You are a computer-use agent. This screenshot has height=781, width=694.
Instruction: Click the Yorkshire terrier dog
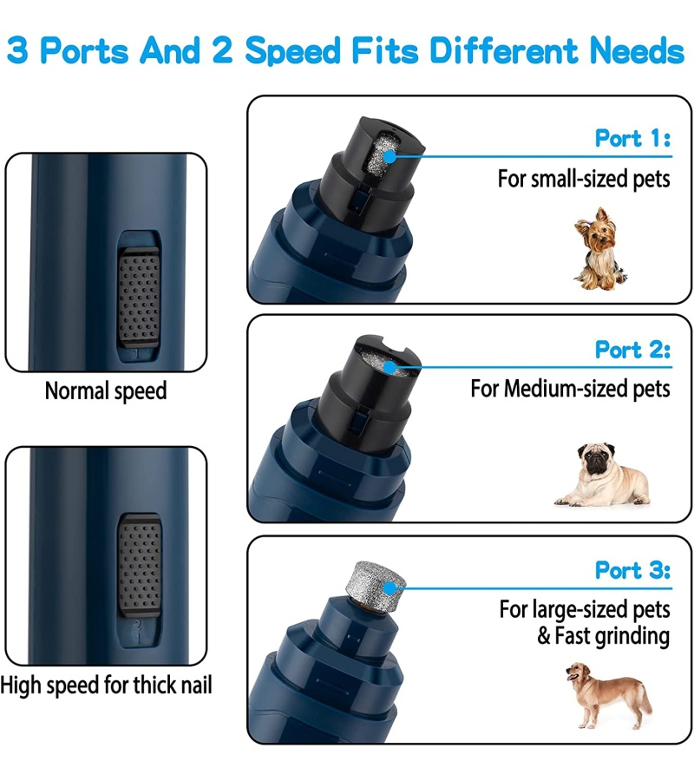coord(599,249)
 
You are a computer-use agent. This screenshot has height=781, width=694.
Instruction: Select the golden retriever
coord(608,695)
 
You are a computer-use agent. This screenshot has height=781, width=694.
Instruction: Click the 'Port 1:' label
coord(632,138)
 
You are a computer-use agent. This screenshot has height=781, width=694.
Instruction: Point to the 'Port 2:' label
coord(632,350)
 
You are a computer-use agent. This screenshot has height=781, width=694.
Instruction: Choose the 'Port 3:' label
coord(632,570)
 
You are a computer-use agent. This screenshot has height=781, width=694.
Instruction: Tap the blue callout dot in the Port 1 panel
coord(390,156)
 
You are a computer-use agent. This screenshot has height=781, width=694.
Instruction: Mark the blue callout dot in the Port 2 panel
coord(390,368)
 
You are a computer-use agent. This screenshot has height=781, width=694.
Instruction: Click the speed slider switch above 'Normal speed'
coord(139,297)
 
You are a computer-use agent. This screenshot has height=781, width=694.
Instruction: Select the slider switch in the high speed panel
coord(140,565)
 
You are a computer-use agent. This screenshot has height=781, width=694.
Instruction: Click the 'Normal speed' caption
coord(106,391)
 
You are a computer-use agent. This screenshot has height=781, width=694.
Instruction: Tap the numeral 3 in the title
coord(17,50)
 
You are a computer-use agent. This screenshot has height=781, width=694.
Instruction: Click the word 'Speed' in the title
coord(293,51)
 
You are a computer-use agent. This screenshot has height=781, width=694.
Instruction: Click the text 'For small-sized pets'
coord(584,179)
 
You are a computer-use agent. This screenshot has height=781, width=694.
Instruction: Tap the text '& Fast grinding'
coord(604,636)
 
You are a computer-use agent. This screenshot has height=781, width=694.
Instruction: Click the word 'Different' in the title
coord(504,50)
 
